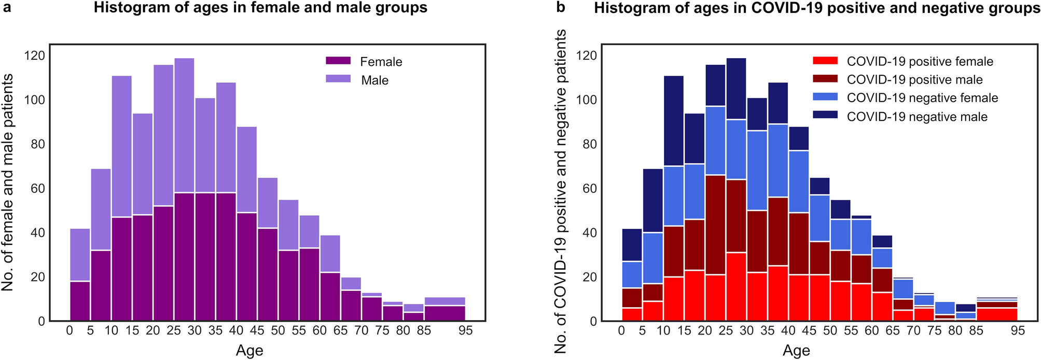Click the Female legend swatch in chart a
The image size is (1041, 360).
click(338, 61)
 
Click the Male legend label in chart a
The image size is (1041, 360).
click(374, 80)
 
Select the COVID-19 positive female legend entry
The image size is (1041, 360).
click(920, 62)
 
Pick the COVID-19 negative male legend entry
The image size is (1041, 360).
click(917, 117)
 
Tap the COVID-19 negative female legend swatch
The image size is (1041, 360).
click(825, 97)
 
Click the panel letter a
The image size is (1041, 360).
click(7, 7)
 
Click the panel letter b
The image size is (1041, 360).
click(560, 7)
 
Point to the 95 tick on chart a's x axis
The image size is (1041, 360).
click(465, 331)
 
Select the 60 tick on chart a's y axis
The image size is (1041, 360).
click(38, 188)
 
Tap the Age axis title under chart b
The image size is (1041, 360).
click(796, 351)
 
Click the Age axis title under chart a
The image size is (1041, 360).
click(249, 351)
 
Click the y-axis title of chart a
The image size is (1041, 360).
click(7, 182)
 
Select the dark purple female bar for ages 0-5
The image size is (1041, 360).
click(80, 301)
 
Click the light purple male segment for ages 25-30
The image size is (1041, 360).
click(184, 124)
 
